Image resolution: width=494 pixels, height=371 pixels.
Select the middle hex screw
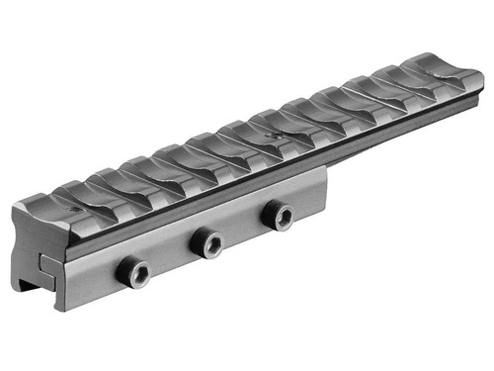[207, 242]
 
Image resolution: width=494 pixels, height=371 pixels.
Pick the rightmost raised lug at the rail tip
[432, 66]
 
